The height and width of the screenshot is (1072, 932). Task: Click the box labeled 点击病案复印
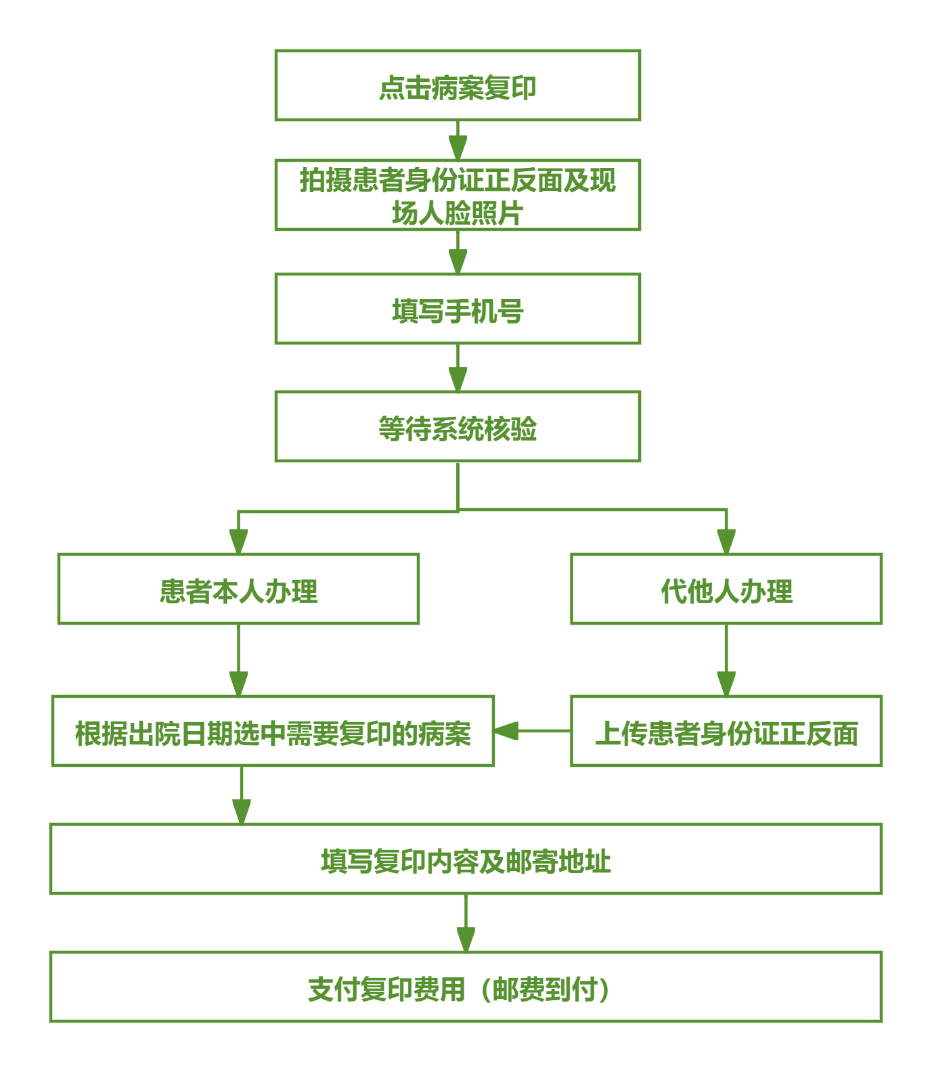click(x=458, y=85)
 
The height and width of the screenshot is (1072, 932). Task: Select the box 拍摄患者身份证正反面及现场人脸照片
click(x=458, y=195)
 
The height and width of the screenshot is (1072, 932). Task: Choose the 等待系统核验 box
click(x=458, y=426)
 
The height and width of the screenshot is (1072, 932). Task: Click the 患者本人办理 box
click(x=238, y=589)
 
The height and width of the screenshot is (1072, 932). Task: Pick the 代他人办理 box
click(x=726, y=589)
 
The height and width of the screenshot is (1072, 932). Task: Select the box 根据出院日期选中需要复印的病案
click(x=273, y=731)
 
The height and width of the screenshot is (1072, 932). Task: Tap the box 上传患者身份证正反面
click(x=726, y=731)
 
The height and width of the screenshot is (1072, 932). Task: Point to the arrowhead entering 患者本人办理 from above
click(x=238, y=541)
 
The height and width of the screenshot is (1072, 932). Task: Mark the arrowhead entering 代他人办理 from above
click(x=726, y=541)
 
